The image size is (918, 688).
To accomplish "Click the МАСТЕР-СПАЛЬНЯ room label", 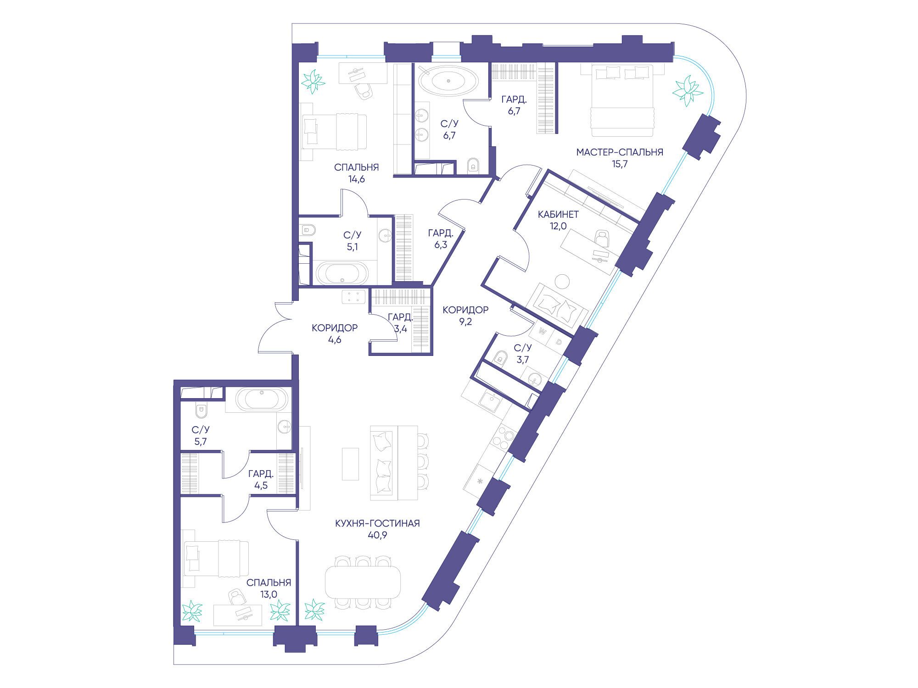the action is (620, 152).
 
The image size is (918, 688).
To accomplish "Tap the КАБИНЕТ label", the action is (558, 214).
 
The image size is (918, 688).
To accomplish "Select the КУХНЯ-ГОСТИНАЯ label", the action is (377, 523).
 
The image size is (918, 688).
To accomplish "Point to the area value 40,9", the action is (377, 535).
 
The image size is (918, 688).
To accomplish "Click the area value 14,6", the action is (357, 179).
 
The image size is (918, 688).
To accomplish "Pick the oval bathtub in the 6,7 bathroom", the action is (448, 81).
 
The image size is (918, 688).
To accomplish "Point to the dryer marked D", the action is (559, 342).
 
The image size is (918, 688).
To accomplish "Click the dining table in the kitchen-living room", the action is (363, 582).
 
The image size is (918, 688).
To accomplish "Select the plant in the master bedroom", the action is (688, 91).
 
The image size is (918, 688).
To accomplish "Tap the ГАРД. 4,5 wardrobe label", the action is (261, 479).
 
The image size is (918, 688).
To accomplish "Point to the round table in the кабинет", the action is (562, 281).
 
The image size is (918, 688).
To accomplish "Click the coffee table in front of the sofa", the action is (350, 464).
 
